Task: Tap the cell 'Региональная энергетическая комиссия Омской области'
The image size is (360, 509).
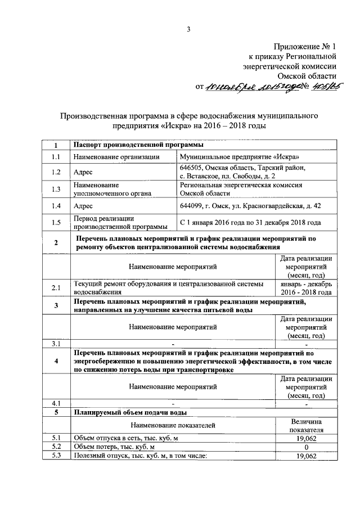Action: click(241, 188)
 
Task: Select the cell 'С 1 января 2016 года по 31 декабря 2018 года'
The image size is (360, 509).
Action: click(250, 223)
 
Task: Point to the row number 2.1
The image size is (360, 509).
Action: click(56, 289)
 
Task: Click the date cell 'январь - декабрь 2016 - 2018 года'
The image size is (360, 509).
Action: click(306, 289)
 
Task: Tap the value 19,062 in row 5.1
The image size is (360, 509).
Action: click(306, 438)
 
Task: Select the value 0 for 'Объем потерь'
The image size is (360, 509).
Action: click(306, 447)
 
